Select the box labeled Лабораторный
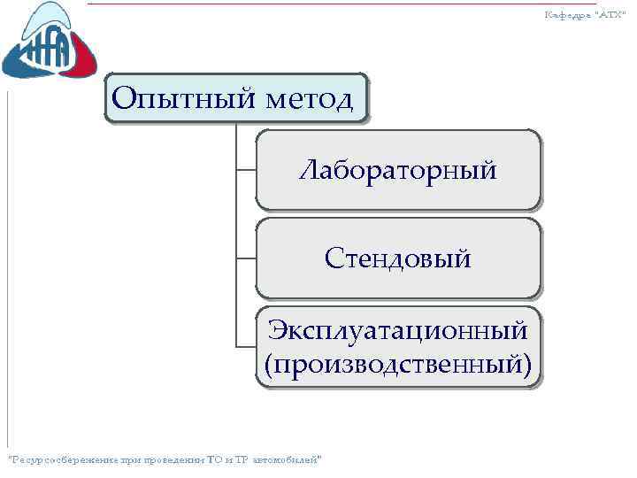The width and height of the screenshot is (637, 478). pyautogui.click(x=397, y=169)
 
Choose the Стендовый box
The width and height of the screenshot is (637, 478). pyautogui.click(x=397, y=258)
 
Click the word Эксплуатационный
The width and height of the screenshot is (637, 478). pyautogui.click(x=398, y=330)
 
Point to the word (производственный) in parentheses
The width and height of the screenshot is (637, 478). pyautogui.click(x=398, y=363)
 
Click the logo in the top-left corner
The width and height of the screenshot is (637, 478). pyautogui.click(x=49, y=44)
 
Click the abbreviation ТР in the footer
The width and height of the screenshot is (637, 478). pyautogui.click(x=239, y=459)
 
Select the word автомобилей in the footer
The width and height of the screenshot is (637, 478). pyautogui.click(x=287, y=459)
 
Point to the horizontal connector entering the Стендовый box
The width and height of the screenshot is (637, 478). pyautogui.click(x=246, y=258)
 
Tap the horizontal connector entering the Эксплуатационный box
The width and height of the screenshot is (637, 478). pyautogui.click(x=246, y=345)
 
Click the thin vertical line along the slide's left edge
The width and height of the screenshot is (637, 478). pyautogui.click(x=7, y=266)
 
